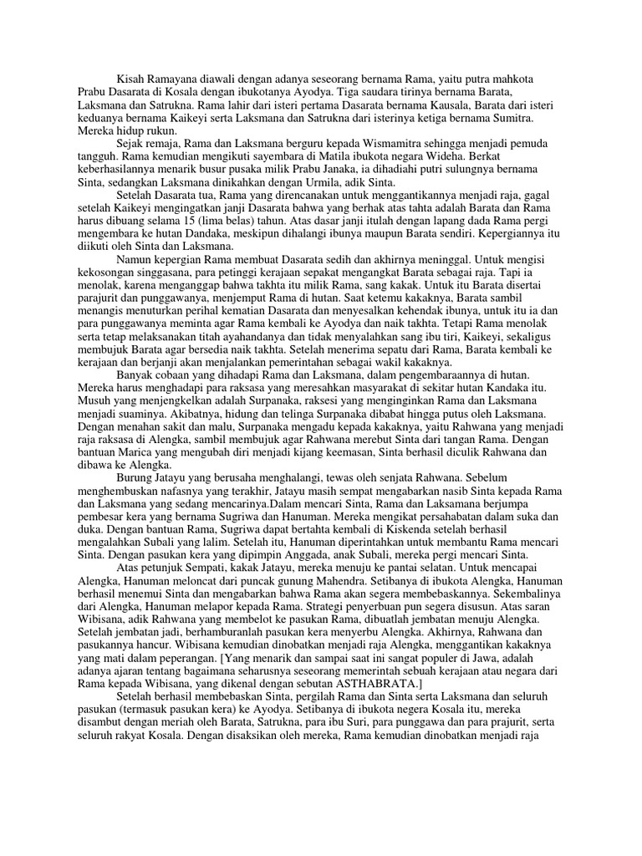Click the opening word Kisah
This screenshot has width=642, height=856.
click(x=132, y=78)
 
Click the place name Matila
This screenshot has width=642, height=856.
click(x=337, y=158)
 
